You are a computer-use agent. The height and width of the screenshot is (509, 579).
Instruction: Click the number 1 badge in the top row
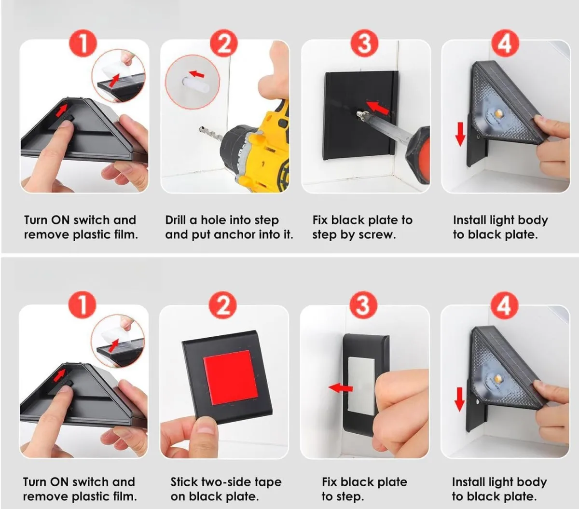click(x=83, y=44)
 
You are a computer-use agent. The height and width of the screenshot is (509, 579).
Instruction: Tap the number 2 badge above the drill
click(x=224, y=44)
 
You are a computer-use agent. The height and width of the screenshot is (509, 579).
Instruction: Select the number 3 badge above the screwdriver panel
click(x=364, y=44)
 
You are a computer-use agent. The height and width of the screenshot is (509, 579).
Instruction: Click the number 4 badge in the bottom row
click(x=504, y=306)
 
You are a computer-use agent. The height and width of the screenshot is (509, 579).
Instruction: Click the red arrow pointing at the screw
click(x=377, y=107)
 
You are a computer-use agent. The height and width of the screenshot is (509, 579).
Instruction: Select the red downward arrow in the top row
click(x=460, y=134)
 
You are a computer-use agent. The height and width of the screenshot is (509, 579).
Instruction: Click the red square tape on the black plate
click(x=231, y=377)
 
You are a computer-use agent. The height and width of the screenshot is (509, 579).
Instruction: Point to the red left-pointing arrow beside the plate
click(x=340, y=388)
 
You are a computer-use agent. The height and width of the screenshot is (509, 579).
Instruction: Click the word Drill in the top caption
click(x=176, y=220)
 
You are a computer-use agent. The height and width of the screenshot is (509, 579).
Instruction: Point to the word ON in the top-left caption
click(x=60, y=220)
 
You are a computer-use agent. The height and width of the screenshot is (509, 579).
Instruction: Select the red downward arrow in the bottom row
click(x=459, y=399)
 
